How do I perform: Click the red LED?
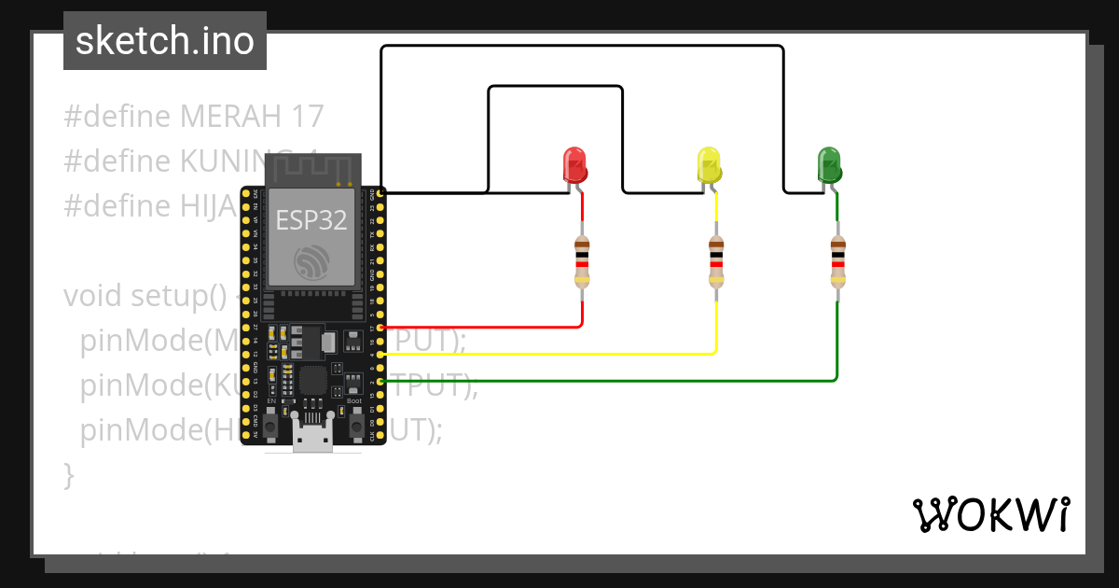tap(574, 165)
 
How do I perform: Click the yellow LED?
tap(709, 166)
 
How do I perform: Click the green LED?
tap(828, 165)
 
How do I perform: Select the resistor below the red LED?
tap(583, 260)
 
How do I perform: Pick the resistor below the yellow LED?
tap(716, 260)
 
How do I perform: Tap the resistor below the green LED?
tap(837, 260)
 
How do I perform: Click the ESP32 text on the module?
tap(311, 220)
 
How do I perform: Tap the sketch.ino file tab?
tap(165, 41)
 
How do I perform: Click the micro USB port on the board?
tap(312, 437)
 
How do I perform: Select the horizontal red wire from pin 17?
tap(485, 328)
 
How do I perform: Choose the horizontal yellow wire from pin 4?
tap(550, 355)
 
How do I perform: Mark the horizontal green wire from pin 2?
tap(606, 381)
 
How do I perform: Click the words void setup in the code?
tap(145, 296)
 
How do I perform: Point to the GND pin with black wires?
tap(381, 193)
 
